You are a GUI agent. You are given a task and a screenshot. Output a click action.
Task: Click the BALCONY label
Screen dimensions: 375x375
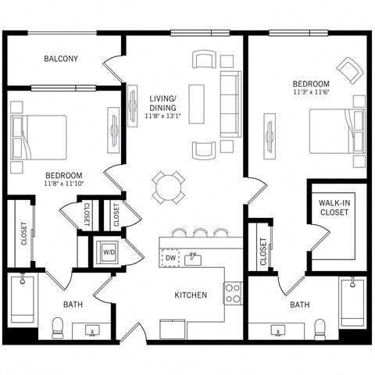click(x=60, y=59)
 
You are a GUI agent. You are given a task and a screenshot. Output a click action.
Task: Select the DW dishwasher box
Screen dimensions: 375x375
click(x=170, y=257)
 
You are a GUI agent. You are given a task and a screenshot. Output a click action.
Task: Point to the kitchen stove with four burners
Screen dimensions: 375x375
click(x=233, y=293)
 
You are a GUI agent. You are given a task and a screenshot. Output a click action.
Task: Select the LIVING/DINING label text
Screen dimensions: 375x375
click(x=162, y=103)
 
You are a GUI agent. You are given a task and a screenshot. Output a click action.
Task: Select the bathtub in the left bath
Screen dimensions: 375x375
click(x=23, y=299)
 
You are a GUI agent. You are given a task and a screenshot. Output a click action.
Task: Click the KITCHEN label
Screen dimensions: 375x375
click(x=191, y=295)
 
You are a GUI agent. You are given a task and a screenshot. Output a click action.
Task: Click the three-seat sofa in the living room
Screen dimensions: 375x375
click(x=230, y=103)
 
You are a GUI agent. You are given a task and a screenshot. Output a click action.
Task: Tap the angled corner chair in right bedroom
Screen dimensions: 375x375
click(x=347, y=70)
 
